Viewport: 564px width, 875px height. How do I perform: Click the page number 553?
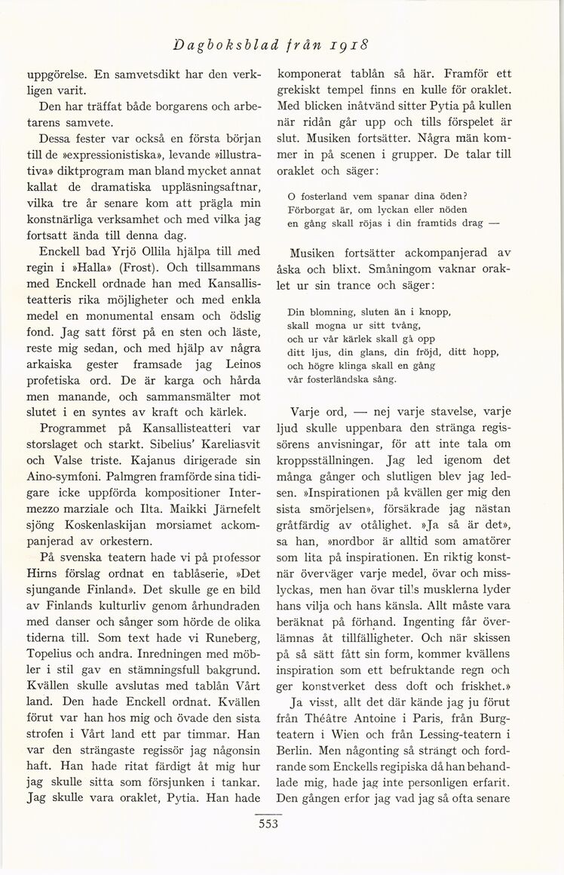coord(267,824)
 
